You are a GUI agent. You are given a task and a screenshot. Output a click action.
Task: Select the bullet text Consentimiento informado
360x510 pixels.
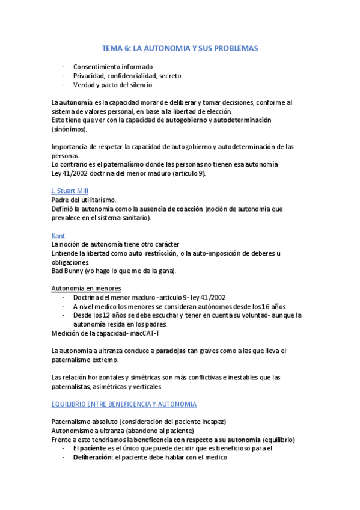113,66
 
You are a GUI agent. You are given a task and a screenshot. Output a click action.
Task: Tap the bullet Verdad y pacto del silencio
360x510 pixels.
112,85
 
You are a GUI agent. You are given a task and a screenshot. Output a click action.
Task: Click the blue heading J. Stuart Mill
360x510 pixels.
70,190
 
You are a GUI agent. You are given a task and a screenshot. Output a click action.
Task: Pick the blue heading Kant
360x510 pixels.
58,236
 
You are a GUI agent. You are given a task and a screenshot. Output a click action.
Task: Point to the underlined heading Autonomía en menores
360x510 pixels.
87,288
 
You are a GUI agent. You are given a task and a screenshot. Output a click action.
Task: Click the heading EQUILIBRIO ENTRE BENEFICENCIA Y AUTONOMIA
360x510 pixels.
124,404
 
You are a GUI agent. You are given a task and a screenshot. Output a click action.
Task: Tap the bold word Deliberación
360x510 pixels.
96,458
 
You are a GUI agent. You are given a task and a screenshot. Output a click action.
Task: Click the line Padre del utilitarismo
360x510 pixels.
84,200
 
